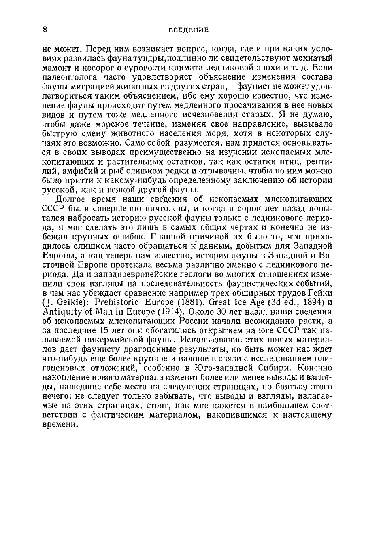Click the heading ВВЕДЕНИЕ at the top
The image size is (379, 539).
coord(189,30)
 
